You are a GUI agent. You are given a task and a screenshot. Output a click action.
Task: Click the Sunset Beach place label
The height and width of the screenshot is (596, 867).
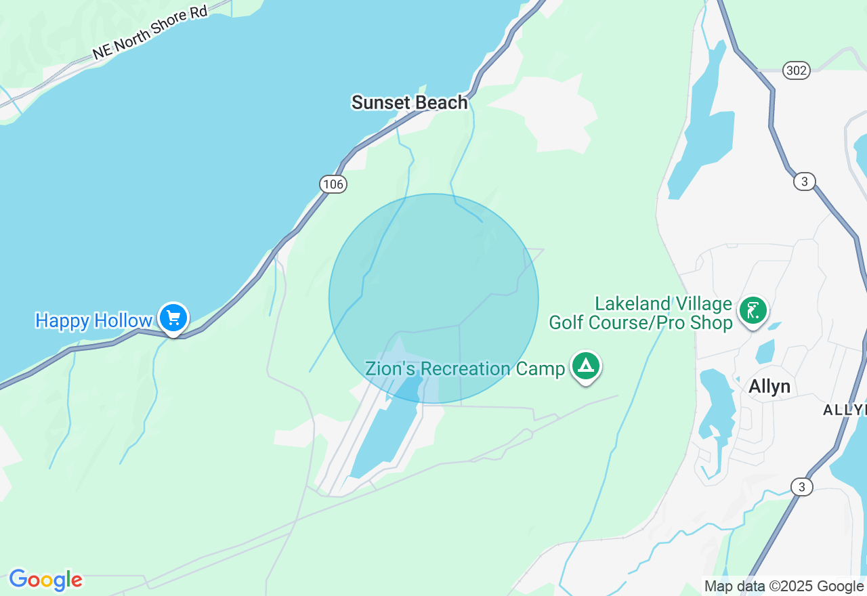tap(409, 102)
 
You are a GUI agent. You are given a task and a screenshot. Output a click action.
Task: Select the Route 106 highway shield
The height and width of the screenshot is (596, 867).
tap(333, 184)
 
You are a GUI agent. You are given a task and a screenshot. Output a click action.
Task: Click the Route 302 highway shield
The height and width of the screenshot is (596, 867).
tap(796, 70)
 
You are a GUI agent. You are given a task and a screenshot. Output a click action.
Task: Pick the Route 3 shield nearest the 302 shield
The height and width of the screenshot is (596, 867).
tap(804, 182)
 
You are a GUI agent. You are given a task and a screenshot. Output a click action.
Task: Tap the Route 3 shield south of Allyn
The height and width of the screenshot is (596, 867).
tap(802, 486)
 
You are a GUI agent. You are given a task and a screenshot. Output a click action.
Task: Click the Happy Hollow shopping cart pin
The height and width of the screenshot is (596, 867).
tap(173, 317)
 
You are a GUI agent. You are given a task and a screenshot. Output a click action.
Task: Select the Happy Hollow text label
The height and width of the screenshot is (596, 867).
tap(93, 320)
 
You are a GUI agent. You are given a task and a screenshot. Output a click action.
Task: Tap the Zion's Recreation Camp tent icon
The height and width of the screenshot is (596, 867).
tap(585, 366)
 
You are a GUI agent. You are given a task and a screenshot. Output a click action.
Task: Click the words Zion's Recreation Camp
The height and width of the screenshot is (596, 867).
tap(465, 369)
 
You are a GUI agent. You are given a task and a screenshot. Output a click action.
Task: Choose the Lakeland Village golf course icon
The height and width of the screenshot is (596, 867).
tap(753, 311)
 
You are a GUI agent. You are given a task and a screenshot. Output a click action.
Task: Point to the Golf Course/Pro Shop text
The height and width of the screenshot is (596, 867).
tap(640, 322)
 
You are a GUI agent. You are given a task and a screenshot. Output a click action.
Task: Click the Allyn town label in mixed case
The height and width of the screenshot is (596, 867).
tap(769, 386)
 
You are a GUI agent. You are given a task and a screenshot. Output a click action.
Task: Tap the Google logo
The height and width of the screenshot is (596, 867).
tap(45, 580)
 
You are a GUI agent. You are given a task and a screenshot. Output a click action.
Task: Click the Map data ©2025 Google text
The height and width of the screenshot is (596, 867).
tap(784, 586)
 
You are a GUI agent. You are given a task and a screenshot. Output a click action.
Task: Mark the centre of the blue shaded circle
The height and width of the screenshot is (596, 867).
tap(433, 299)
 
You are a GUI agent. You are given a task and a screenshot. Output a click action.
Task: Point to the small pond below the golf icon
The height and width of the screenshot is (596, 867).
tap(765, 352)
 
